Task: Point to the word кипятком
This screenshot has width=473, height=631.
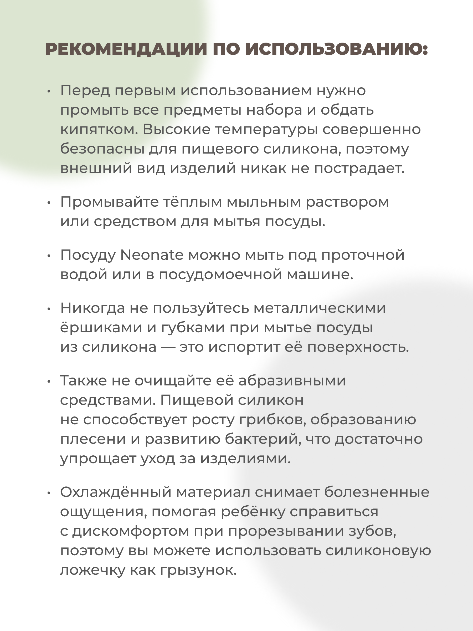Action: click(99, 130)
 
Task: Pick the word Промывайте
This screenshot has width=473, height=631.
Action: click(109, 202)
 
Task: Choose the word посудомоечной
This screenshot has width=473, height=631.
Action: click(220, 274)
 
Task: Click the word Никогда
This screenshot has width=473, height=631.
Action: click(92, 308)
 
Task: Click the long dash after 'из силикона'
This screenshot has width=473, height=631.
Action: click(168, 348)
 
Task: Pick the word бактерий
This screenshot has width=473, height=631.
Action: click(263, 439)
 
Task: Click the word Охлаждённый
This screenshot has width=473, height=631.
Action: click(116, 492)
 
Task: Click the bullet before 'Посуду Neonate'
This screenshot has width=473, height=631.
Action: click(49, 256)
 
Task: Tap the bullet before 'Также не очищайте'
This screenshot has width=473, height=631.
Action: click(49, 382)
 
